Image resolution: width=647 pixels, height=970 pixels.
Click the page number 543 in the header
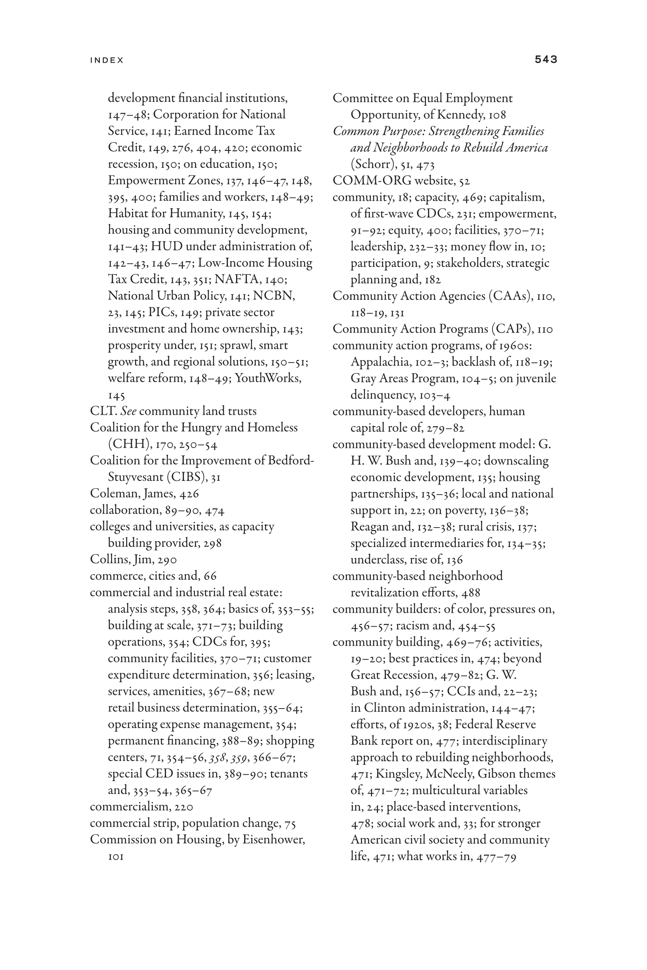[546, 59]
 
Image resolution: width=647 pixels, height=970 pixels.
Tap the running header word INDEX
[107, 60]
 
